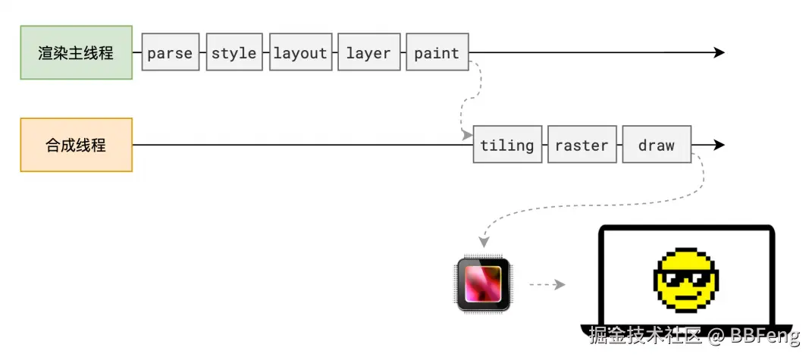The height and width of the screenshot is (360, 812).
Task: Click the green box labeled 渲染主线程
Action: pyautogui.click(x=76, y=53)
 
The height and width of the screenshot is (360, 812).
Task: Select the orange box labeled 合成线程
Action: pyautogui.click(x=76, y=145)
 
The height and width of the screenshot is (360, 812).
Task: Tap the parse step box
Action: pyautogui.click(x=170, y=53)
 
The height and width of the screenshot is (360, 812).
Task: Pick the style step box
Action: pyautogui.click(x=234, y=53)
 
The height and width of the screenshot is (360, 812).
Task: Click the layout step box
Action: pyautogui.click(x=300, y=53)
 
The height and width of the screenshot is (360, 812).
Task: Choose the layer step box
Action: pyautogui.click(x=368, y=53)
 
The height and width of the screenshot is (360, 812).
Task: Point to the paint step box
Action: pyautogui.click(x=437, y=53)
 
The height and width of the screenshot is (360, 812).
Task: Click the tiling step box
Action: pyautogui.click(x=507, y=145)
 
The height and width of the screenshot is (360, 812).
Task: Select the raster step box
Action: pyautogui.click(x=582, y=145)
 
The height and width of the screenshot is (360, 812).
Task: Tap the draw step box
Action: pyautogui.click(x=657, y=145)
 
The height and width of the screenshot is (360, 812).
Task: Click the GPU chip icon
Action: pyautogui.click(x=484, y=284)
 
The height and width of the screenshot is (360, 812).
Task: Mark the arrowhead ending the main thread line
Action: pyautogui.click(x=719, y=53)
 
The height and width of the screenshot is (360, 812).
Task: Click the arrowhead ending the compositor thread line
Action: pyautogui.click(x=719, y=145)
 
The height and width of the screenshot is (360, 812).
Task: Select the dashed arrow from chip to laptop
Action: pyautogui.click(x=546, y=285)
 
